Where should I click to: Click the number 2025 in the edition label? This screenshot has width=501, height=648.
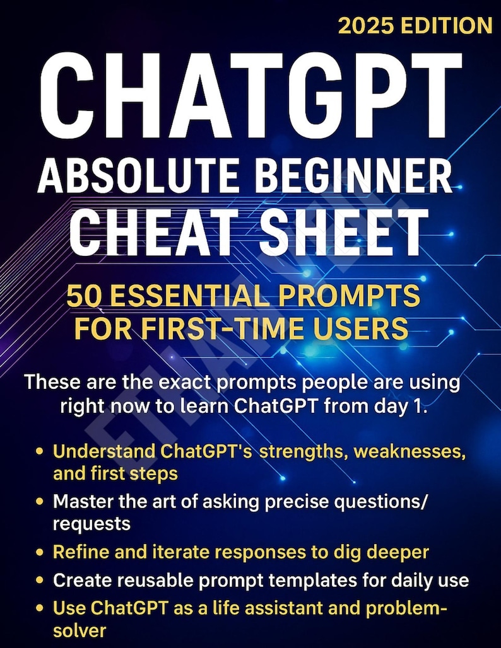pos(367,25)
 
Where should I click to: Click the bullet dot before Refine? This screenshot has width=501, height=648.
pos(40,553)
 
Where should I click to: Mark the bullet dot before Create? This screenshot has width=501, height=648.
pos(40,581)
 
